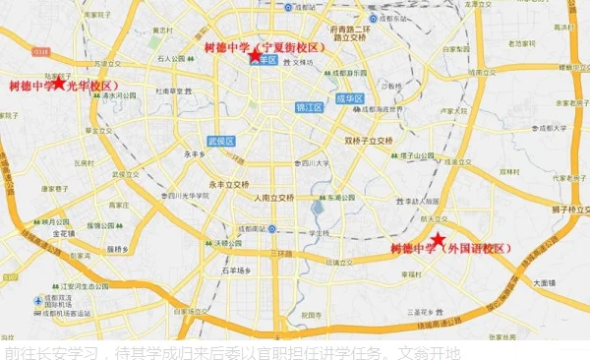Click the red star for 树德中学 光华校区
60,84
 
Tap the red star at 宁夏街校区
256,56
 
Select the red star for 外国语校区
438,241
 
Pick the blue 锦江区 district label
309,107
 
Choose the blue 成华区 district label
349,98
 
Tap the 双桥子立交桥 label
368,141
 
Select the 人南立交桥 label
272,198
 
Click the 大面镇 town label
545,281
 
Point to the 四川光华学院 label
187,196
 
